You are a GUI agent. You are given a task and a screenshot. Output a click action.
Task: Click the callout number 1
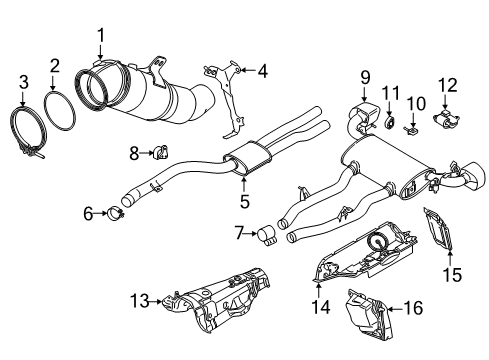100,37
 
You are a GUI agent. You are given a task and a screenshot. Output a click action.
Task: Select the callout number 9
364,75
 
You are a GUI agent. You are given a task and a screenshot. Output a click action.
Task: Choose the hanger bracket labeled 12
444,119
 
